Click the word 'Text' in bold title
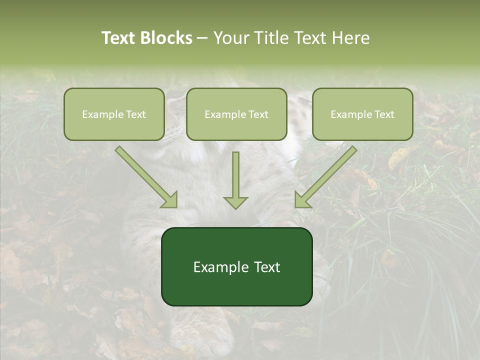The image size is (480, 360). (118, 38)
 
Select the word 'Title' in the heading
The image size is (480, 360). (270, 38)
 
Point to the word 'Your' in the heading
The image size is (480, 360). (232, 38)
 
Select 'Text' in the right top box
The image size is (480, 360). (384, 114)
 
